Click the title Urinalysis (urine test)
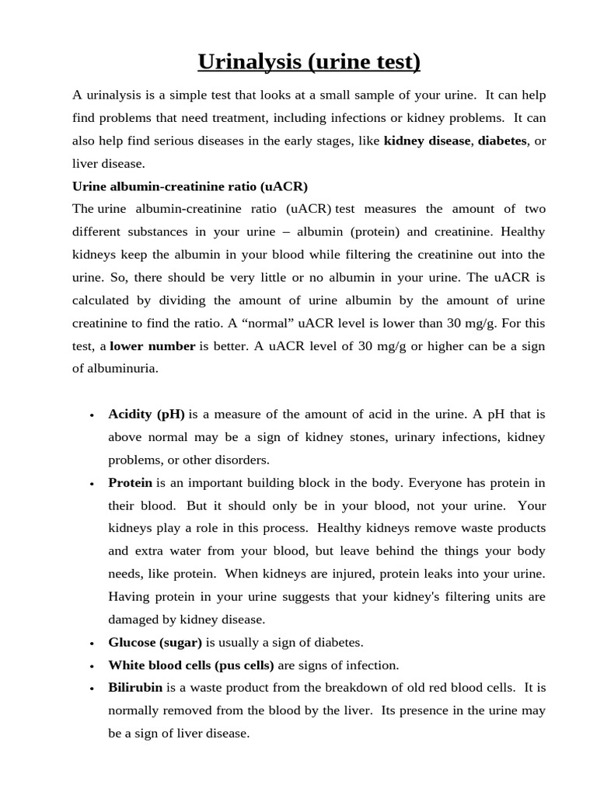(309, 61)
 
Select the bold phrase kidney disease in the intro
(427, 141)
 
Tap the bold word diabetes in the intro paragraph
(501, 141)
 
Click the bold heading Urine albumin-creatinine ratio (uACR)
(190, 186)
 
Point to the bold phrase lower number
(152, 346)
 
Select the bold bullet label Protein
(131, 482)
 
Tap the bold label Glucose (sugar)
(155, 642)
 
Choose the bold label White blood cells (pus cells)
(191, 665)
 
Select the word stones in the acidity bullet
(369, 437)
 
